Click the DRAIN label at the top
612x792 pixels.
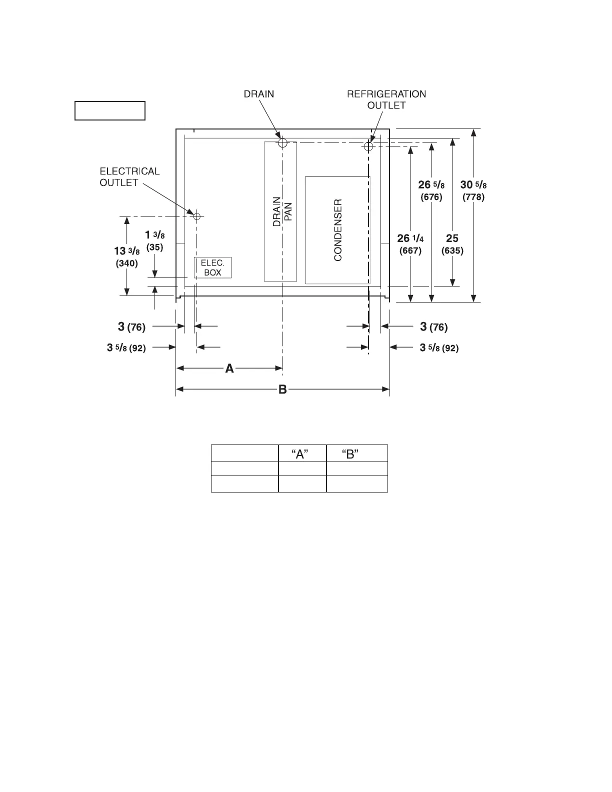[258, 94]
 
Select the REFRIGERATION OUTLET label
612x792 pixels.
[386, 99]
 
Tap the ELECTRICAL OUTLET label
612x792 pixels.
[129, 177]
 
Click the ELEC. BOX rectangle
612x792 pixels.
[212, 267]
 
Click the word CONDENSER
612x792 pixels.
[338, 230]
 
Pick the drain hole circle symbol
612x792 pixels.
[282, 142]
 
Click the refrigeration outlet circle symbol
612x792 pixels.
[368, 146]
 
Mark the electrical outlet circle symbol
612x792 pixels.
[196, 216]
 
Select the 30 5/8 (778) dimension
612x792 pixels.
[473, 190]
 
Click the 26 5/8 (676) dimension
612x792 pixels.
[430, 190]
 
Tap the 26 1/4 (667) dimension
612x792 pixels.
[410, 244]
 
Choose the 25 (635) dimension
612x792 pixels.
[452, 244]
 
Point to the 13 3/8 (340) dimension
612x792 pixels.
[126, 256]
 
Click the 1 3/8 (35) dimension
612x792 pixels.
[155, 240]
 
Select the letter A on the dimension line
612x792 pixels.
[229, 369]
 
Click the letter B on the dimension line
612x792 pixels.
[282, 389]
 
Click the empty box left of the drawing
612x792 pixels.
[110, 110]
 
